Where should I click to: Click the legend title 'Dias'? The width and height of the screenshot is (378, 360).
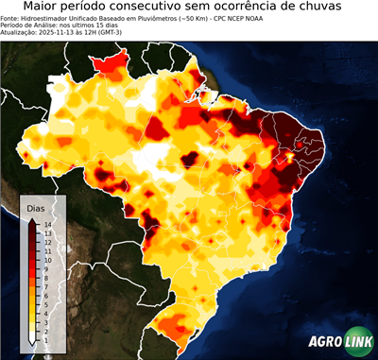36,207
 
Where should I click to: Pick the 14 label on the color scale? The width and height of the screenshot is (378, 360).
46,224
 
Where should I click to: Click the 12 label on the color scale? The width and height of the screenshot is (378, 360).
46,242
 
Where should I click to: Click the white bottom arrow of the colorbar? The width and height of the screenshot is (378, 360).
32,340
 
